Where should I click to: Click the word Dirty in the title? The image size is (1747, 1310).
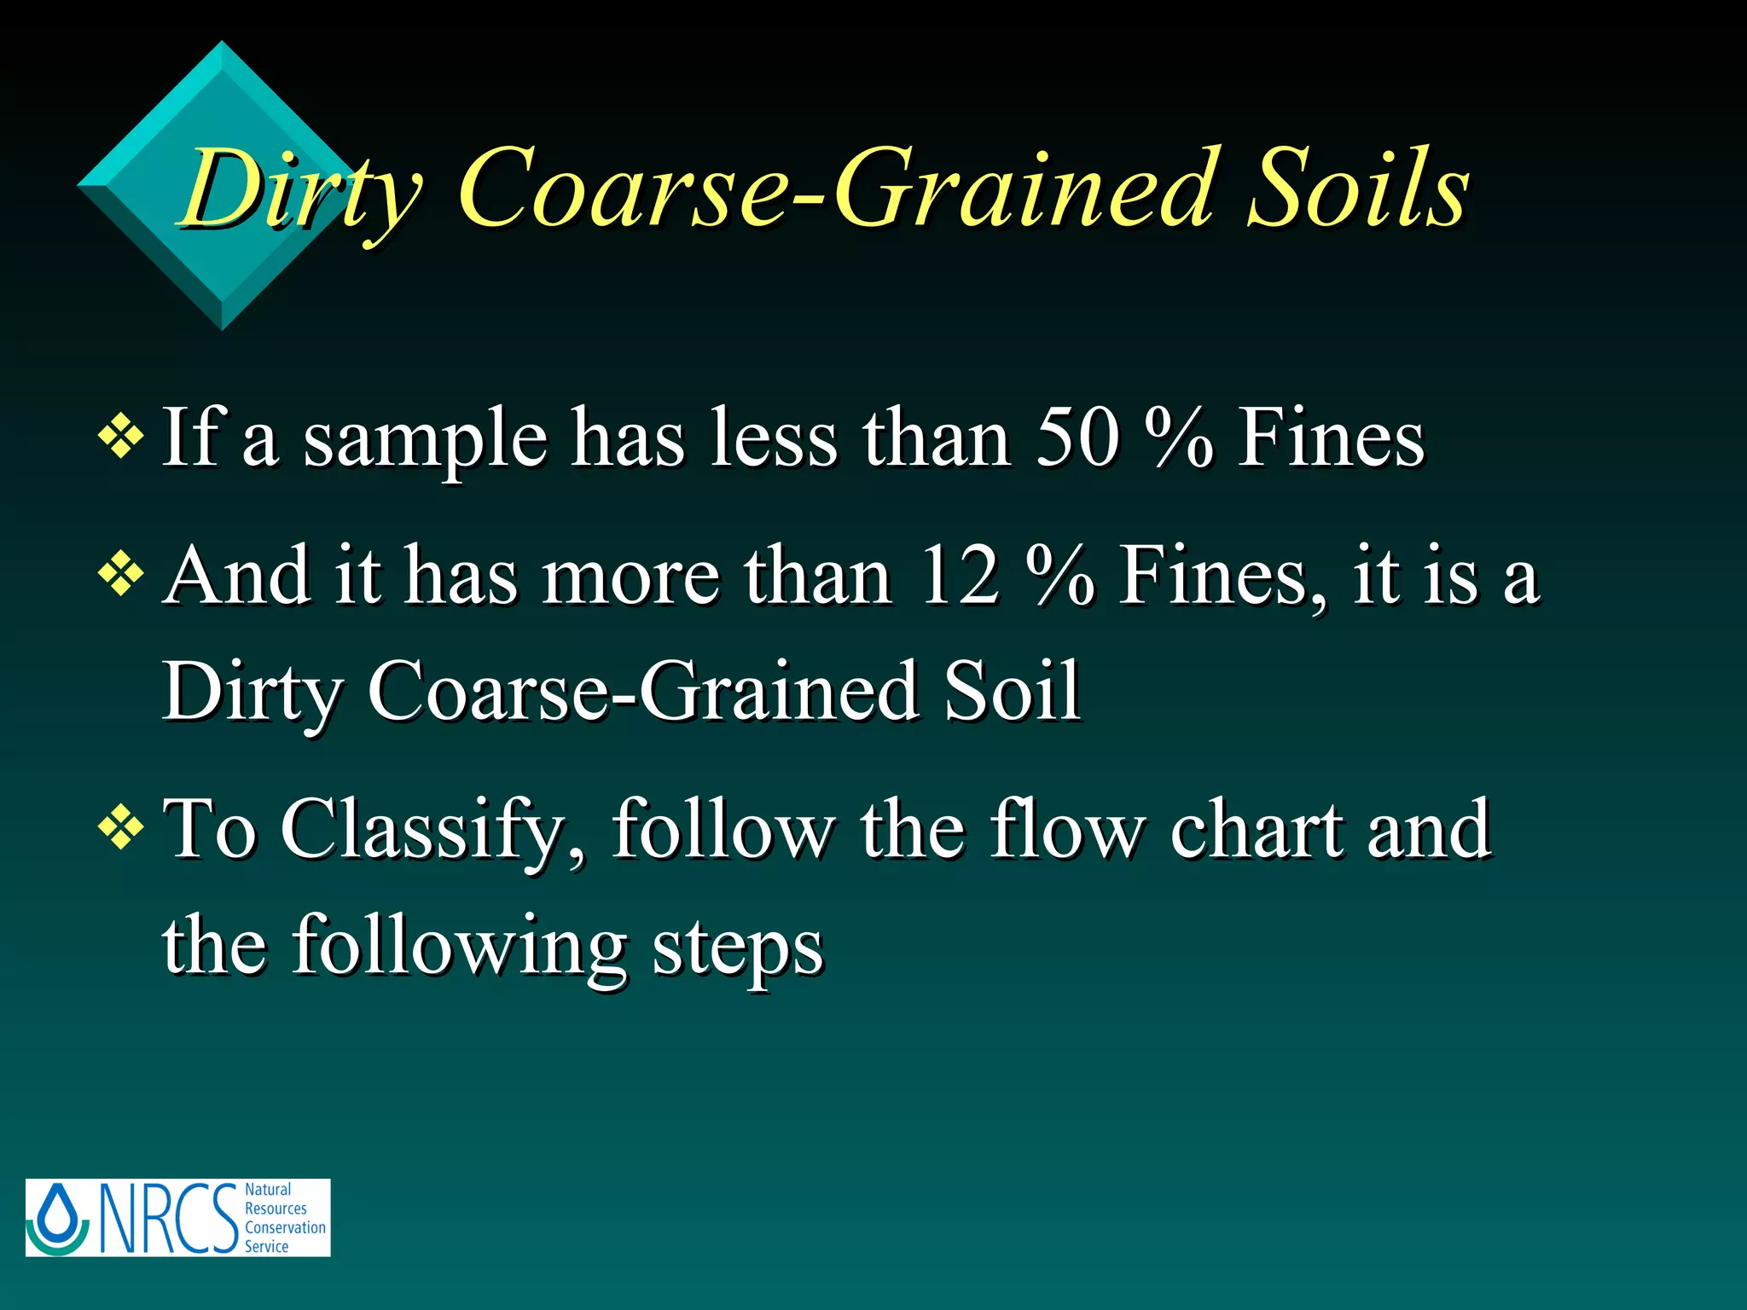pyautogui.click(x=300, y=189)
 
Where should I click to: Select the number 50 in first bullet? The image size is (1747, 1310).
pyautogui.click(x=1077, y=438)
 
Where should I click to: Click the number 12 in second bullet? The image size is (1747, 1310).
pyautogui.click(x=960, y=577)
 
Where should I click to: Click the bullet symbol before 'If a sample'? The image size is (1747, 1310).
pyautogui.click(x=121, y=437)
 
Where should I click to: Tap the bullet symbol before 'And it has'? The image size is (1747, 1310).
pyautogui.click(x=121, y=573)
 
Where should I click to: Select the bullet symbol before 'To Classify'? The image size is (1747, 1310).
pyautogui.click(x=121, y=826)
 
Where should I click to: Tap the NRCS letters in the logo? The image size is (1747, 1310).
pyautogui.click(x=169, y=1218)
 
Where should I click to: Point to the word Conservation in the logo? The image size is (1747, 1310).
pyautogui.click(x=285, y=1227)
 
